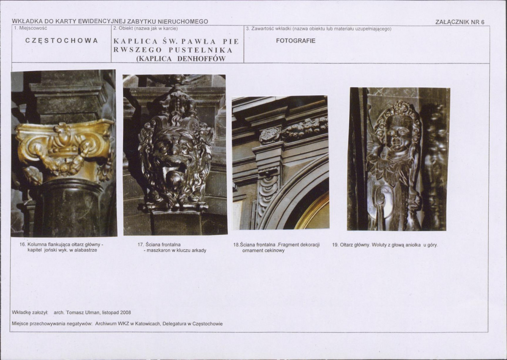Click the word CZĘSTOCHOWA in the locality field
[x=61, y=41]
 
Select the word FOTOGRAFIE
[x=296, y=41]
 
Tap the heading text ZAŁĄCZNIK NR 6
[x=460, y=22]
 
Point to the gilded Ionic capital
[x=64, y=146]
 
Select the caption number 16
[x=23, y=245]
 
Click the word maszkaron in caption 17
[x=158, y=250]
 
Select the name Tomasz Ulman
[x=83, y=313]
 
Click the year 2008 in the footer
[x=126, y=313]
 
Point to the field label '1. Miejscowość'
[x=31, y=28]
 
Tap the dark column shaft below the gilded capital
[x=69, y=207]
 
